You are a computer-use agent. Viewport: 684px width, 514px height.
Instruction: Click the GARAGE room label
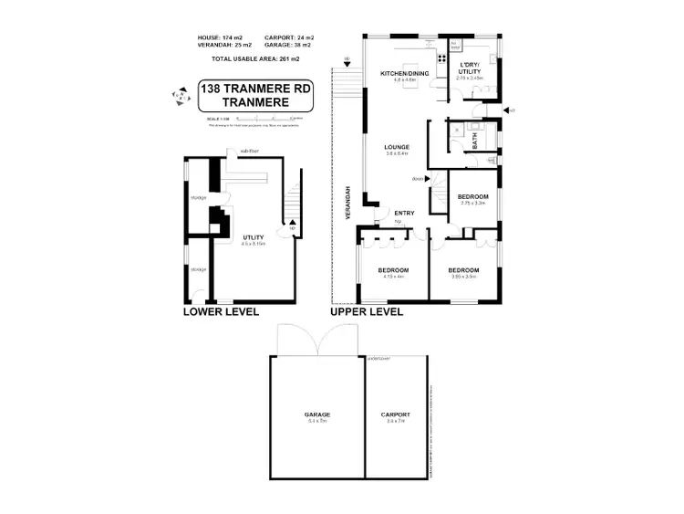316,414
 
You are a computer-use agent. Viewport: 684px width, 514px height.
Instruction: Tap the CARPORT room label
396,414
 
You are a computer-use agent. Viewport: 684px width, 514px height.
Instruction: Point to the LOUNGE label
396,147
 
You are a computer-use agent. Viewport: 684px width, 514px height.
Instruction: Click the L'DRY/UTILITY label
469,68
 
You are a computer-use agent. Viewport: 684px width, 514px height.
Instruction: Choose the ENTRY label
405,213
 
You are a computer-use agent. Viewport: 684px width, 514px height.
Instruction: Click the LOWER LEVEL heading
221,311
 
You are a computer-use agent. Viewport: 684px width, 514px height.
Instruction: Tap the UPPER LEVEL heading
367,311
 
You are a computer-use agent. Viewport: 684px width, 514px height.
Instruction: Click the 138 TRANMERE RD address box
250,97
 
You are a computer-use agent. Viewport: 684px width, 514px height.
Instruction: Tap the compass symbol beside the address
179,97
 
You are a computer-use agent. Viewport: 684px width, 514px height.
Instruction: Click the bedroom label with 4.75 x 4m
394,270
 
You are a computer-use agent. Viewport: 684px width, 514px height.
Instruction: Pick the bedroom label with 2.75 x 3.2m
472,197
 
